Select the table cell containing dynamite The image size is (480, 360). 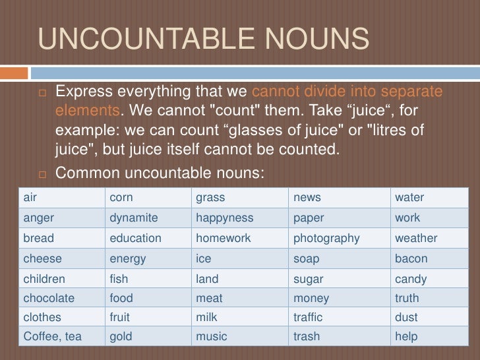pos(134,218)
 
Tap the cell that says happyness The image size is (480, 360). pos(224,218)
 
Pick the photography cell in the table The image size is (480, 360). pos(326,238)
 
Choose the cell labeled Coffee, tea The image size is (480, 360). pos(53,336)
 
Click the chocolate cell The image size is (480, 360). pos(49,298)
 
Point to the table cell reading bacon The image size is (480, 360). pos(411,258)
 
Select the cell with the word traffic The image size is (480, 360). pos(308,317)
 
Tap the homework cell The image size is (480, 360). pos(223,238)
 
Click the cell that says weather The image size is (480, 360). pos(415,238)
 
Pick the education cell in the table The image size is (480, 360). pos(135,238)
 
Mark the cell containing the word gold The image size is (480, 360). pos(121,336)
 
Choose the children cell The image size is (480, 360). pos(44,279)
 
